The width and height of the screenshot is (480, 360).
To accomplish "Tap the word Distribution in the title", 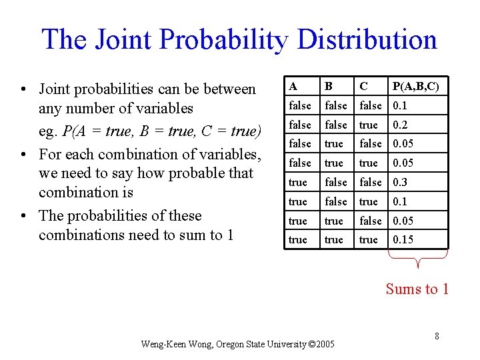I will tap(367, 39).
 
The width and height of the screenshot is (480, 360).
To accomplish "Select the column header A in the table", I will tap(293, 86).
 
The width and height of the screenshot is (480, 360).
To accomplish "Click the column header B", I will tap(328, 86).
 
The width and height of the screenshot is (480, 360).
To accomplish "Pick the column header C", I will tap(363, 86).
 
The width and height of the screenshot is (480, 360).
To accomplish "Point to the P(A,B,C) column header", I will tap(415, 86).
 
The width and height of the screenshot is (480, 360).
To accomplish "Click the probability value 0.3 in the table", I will tap(400, 182).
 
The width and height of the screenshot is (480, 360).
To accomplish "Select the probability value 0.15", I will tap(403, 239).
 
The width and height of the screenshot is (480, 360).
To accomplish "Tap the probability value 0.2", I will tap(400, 125).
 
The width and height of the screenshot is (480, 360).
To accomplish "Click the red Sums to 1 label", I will tap(417, 289).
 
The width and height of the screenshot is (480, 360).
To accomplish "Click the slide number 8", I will tap(437, 336).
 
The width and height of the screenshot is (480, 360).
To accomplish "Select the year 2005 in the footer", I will tap(325, 345).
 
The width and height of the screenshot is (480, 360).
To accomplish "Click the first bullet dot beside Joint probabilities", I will tap(23, 89).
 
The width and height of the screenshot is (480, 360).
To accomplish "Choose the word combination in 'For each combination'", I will tap(137, 154).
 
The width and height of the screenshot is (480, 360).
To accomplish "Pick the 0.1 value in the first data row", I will tap(400, 105).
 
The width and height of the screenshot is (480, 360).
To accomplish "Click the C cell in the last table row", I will tap(368, 239).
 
